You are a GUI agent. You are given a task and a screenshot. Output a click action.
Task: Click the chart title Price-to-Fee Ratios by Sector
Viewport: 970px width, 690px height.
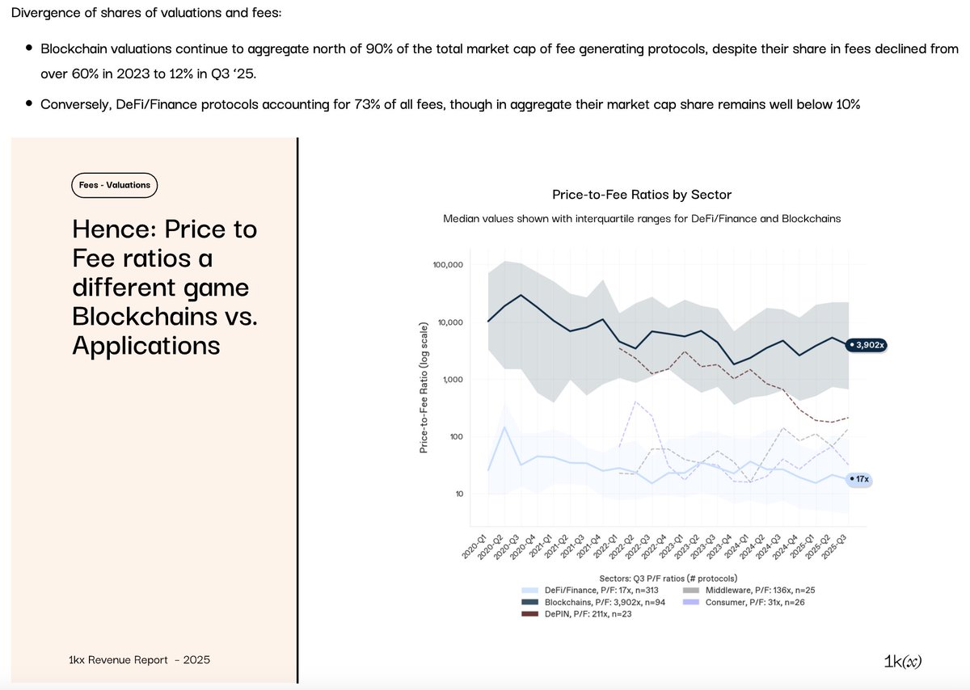pyautogui.click(x=641, y=195)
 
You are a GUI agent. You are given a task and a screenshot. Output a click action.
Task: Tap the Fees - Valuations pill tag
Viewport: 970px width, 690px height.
pyautogui.click(x=114, y=185)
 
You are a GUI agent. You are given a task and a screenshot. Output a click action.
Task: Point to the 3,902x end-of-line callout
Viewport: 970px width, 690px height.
pyautogui.click(x=867, y=345)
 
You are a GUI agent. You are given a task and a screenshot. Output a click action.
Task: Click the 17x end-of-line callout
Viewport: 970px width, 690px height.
pyautogui.click(x=859, y=479)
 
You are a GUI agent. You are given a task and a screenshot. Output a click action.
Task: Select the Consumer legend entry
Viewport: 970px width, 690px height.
pyautogui.click(x=744, y=603)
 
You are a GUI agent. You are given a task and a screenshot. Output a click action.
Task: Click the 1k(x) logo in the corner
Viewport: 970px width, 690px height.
pyautogui.click(x=903, y=661)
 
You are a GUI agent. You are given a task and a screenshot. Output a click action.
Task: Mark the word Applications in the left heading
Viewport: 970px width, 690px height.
pyautogui.click(x=145, y=345)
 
